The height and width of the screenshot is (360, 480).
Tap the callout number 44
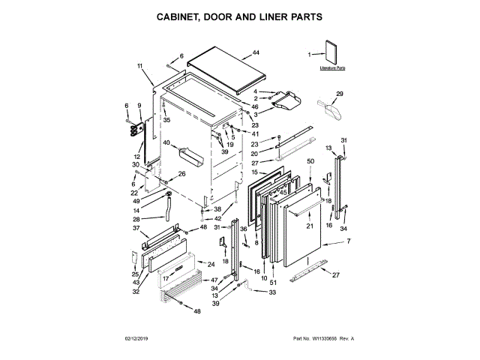pyautogui.click(x=256, y=52)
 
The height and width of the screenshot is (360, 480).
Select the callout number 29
pyautogui.click(x=339, y=94)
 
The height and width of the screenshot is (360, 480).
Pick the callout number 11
pyautogui.click(x=140, y=66)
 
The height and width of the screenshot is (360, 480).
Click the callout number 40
pyautogui.click(x=166, y=142)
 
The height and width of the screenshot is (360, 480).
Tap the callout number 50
pyautogui.click(x=310, y=161)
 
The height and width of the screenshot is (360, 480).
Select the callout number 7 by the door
pyautogui.click(x=347, y=240)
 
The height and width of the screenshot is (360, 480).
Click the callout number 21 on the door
pyautogui.click(x=308, y=226)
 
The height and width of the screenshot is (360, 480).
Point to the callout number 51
pyautogui.click(x=272, y=282)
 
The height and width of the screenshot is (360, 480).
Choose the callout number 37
pyautogui.click(x=136, y=228)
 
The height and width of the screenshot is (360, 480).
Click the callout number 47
pyautogui.click(x=214, y=280)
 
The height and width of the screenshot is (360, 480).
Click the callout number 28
pyautogui.click(x=136, y=219)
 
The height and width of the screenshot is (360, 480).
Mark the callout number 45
pyautogui.click(x=283, y=190)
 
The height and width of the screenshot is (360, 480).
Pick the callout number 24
pyautogui.click(x=211, y=264)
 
